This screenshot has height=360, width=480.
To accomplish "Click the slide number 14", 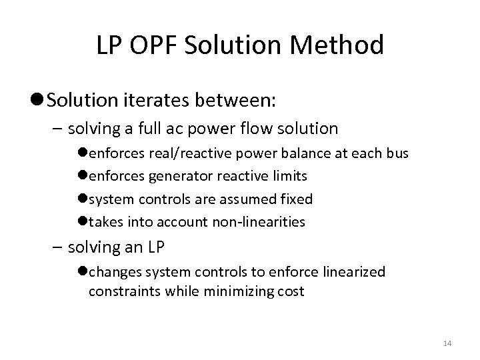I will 447,343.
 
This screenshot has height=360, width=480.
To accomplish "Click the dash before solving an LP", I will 57,247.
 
